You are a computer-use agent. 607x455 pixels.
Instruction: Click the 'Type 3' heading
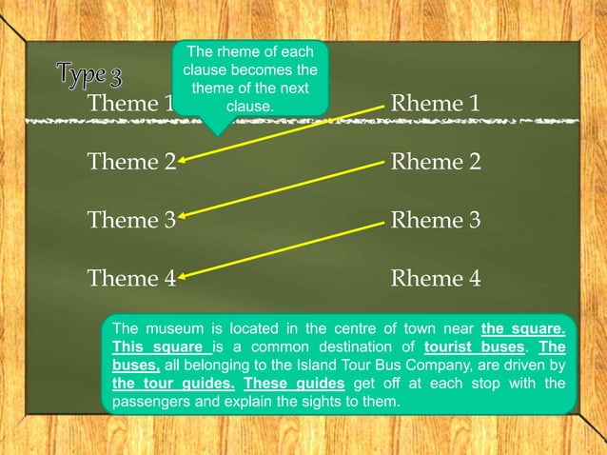[88, 73]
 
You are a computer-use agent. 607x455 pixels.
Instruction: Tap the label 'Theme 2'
[131, 162]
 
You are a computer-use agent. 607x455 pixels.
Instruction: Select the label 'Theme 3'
[131, 221]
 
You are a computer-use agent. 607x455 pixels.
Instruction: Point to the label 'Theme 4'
[131, 279]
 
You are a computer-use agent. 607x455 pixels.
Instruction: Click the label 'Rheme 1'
[436, 103]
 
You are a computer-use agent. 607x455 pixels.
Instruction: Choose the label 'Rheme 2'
[436, 162]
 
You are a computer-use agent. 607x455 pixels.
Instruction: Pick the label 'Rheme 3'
[436, 221]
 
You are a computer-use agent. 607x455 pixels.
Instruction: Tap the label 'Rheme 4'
[436, 279]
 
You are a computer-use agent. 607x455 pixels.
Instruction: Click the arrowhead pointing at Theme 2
[182, 161]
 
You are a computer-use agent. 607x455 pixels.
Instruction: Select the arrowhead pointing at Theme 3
[182, 219]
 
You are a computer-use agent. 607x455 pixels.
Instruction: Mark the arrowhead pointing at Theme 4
[182, 278]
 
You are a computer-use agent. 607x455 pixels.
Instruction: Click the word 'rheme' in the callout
[236, 52]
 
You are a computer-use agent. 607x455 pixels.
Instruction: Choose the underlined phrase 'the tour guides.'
[173, 383]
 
